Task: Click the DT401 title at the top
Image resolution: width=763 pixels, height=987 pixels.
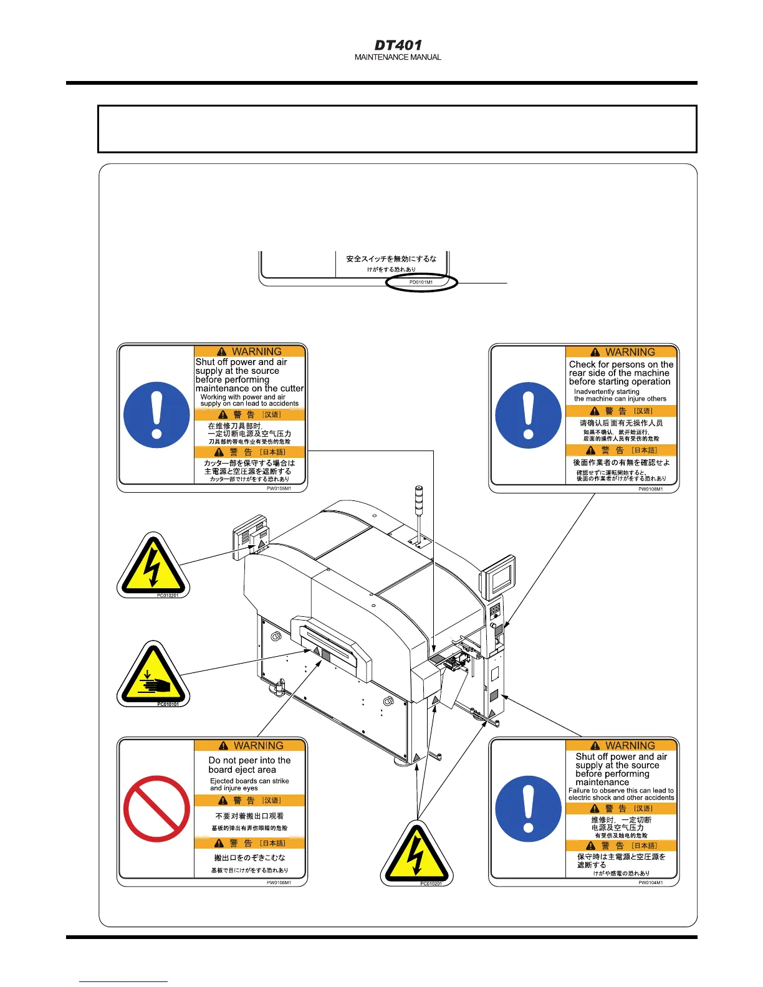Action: (398, 45)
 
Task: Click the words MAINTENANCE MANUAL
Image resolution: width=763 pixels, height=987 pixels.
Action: (398, 57)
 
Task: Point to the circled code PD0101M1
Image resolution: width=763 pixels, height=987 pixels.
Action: (421, 282)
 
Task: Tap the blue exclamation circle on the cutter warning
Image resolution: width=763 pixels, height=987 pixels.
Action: (156, 415)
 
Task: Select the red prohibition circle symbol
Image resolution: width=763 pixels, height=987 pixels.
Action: (156, 809)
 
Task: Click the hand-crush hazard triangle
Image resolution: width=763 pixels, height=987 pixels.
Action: (153, 675)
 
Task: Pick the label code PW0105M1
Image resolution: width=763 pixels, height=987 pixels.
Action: (279, 489)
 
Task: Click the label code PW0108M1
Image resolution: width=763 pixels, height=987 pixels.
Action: (650, 489)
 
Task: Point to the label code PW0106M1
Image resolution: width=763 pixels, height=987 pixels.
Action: (279, 882)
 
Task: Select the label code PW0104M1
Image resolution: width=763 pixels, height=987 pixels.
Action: (650, 882)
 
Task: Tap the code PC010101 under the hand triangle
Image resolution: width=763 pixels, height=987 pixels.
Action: (168, 704)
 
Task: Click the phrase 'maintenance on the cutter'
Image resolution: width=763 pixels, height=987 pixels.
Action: (249, 388)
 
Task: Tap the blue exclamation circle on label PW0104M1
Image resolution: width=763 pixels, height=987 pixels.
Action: (528, 809)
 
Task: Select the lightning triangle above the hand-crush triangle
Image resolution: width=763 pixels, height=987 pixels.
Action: (153, 565)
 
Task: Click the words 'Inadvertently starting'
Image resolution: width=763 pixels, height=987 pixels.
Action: (607, 391)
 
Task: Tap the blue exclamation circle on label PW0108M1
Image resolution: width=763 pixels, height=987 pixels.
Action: (528, 415)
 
